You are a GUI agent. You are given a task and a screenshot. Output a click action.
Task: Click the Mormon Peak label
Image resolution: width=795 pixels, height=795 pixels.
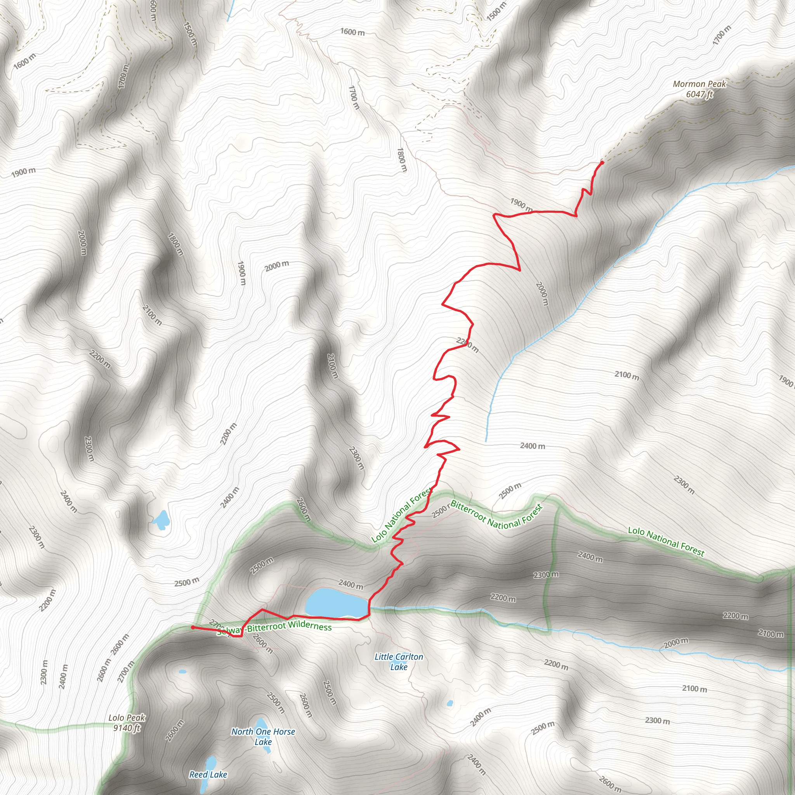(699, 84)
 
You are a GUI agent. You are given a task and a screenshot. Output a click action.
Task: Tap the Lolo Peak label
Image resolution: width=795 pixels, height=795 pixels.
(127, 718)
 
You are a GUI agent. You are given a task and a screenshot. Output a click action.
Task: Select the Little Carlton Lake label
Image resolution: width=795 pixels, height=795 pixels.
(398, 662)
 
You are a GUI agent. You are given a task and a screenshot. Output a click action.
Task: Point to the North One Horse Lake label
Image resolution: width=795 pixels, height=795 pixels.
(263, 736)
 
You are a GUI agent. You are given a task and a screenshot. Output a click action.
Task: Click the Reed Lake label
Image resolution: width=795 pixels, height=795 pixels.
(208, 774)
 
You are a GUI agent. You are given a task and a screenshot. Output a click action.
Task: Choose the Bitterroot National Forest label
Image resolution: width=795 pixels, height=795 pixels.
(496, 514)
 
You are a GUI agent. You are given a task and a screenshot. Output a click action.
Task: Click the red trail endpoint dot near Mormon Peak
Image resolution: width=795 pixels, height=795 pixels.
(602, 163)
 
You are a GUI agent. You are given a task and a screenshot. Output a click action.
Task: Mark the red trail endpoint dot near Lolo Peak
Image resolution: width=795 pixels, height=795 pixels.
(193, 628)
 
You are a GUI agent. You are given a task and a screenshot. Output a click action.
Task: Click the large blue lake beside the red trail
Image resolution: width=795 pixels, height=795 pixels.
(336, 603)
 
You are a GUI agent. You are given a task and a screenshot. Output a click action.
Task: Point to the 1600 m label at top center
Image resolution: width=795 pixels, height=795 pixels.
(352, 32)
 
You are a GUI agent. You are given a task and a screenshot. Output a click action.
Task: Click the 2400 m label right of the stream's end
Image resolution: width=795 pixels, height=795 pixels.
(533, 446)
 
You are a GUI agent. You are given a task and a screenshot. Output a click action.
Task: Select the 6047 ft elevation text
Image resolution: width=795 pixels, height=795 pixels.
(699, 94)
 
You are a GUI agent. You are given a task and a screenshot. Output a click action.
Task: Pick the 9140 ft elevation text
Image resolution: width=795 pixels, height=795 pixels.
(127, 728)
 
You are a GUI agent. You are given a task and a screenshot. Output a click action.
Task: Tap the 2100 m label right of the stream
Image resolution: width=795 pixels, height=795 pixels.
(627, 375)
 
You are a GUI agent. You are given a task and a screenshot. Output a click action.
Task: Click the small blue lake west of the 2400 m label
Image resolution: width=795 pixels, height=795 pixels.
(161, 520)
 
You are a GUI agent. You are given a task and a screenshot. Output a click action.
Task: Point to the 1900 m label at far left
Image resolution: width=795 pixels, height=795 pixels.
(23, 172)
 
